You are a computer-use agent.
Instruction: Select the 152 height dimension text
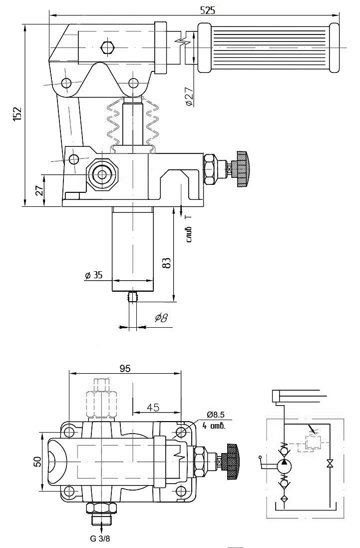pos(17,114)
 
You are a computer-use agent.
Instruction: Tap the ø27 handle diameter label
pos(189,96)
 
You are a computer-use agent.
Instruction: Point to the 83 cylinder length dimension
pos(167,262)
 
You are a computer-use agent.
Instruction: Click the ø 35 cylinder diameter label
pos(93,275)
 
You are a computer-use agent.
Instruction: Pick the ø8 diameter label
pos(161,318)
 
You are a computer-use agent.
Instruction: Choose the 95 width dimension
pos(125,368)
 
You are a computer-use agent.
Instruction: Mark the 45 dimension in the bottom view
pos(153,407)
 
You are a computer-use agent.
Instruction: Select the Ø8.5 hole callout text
pos(215,415)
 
